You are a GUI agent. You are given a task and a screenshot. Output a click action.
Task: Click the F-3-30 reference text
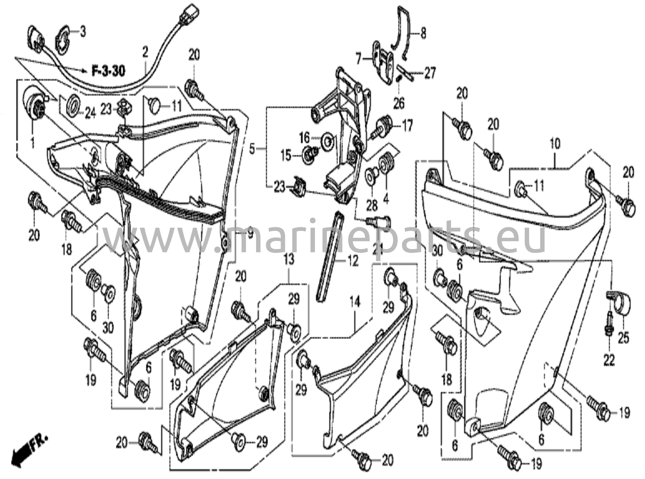[x=108, y=71]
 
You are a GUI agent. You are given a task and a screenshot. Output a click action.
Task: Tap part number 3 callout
[x=83, y=32]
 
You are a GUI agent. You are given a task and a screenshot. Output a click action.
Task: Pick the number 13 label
[x=288, y=260]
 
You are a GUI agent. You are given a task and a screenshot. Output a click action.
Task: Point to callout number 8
[x=423, y=33]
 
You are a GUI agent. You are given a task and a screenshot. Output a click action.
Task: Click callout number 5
[x=252, y=149]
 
